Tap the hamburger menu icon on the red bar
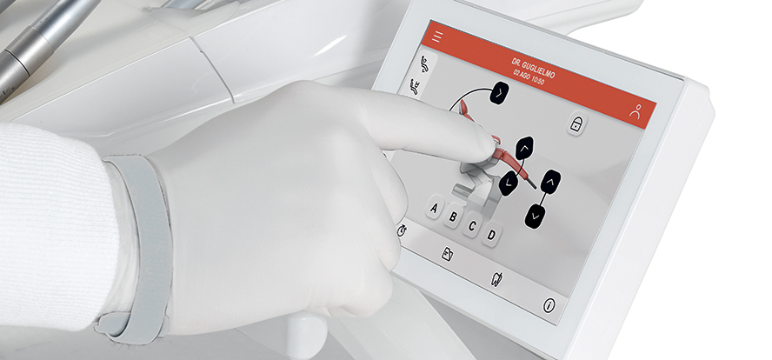pos(437,37)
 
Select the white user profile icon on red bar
pos(636,110)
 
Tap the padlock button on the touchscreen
pos(576,123)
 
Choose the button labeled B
pos(454,217)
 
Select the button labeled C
pos(472,226)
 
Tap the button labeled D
pos(491,235)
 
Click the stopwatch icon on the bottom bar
pos(402,230)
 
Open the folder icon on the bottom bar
pos(447,254)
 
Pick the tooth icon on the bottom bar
pos(496,279)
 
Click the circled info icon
pos(549,305)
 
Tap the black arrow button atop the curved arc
pos(499,93)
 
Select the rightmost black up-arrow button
pos(550,182)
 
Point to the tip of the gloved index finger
pos(493,143)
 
